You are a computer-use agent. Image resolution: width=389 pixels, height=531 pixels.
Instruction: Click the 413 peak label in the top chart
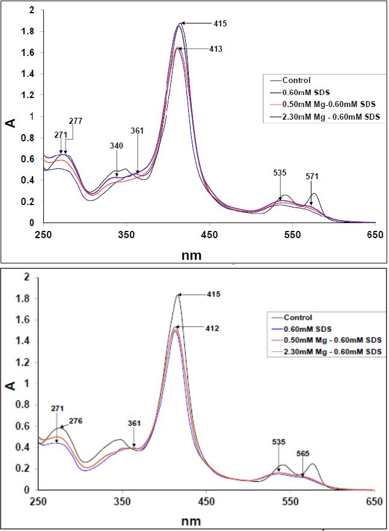216,49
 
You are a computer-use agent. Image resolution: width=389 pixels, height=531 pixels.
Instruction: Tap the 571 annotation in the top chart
312,176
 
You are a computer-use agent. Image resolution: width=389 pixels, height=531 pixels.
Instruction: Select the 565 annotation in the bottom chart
303,454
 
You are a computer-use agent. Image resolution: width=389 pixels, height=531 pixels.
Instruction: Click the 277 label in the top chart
75,121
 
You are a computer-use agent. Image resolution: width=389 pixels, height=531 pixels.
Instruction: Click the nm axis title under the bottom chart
193,520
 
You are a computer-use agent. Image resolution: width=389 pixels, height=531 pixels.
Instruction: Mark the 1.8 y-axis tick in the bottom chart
24,298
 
